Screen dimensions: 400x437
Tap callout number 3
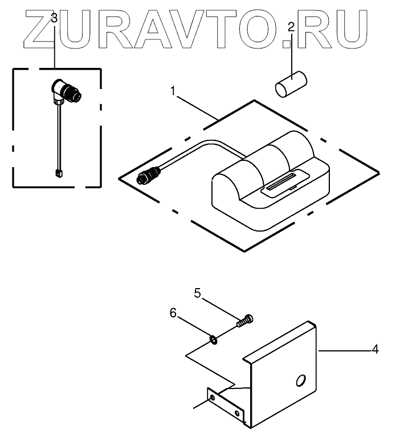pos(54,18)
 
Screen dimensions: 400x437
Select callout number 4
pos(375,349)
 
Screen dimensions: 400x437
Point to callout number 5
pos(197,293)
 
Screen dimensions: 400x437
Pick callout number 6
pos(173,313)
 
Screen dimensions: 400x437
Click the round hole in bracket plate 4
pos(300,381)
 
